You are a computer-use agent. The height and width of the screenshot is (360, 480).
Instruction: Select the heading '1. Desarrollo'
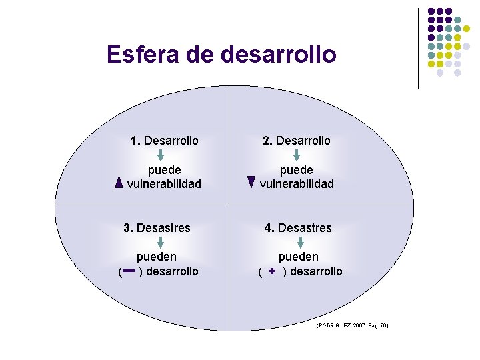(x=165, y=141)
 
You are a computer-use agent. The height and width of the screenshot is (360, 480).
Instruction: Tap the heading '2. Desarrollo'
(x=296, y=141)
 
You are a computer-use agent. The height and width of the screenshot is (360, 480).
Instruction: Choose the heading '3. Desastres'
(x=157, y=228)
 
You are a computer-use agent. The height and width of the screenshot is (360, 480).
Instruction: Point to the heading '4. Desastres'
(x=297, y=228)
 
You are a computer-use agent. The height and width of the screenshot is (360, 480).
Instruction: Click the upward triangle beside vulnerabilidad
(x=119, y=183)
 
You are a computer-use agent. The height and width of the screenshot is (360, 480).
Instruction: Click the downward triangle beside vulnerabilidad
(x=251, y=181)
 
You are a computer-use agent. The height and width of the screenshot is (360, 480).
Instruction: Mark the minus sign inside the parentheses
(x=129, y=271)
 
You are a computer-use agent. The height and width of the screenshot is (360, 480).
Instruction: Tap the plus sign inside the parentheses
(x=272, y=271)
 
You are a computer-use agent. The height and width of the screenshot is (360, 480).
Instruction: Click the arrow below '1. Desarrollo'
(x=165, y=155)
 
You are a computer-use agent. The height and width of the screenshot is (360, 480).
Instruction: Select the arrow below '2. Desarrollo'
(x=297, y=155)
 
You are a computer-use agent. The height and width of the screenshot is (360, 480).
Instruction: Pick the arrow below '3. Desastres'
(x=157, y=242)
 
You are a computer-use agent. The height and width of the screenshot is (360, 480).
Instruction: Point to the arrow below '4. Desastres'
(x=300, y=242)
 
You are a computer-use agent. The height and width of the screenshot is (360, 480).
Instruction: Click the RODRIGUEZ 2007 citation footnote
(x=351, y=325)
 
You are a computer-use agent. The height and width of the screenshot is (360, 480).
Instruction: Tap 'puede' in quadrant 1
(x=164, y=170)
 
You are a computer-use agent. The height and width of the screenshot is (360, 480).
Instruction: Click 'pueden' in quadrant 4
(x=299, y=257)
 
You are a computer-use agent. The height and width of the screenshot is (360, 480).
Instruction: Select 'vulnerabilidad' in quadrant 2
(x=297, y=184)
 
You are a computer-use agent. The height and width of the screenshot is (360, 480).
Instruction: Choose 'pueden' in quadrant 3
(x=157, y=257)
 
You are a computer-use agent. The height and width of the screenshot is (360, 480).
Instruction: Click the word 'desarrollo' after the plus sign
(x=317, y=271)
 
